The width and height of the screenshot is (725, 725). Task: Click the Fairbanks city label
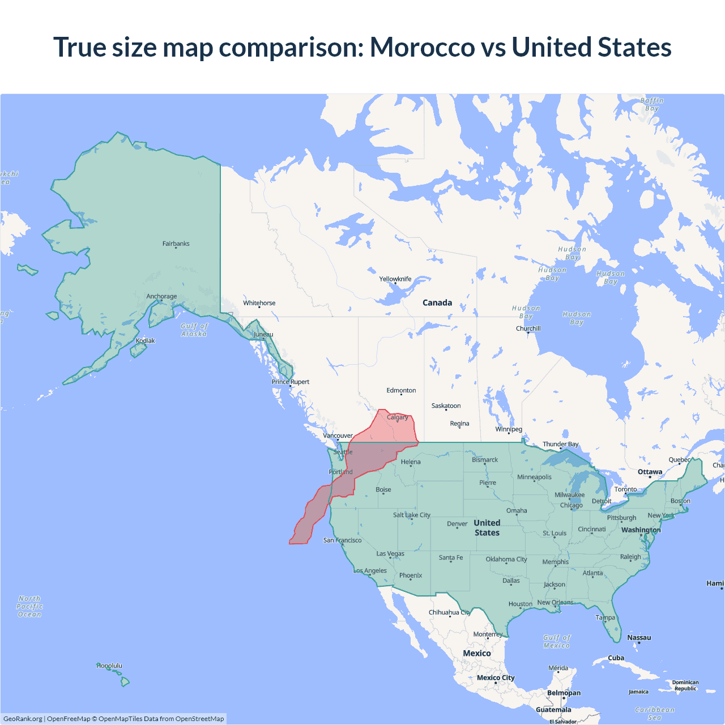(176, 244)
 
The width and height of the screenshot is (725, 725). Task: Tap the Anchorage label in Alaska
(161, 296)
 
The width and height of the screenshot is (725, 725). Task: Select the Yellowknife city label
(395, 279)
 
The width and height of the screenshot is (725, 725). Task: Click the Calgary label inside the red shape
(397, 417)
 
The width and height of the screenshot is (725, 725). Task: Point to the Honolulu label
(109, 666)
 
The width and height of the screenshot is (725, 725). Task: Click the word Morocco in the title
(422, 47)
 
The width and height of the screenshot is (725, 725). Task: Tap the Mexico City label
(496, 677)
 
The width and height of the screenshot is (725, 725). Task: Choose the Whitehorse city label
(259, 303)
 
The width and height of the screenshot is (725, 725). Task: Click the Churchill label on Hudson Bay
(528, 329)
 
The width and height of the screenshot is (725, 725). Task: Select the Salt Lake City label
(412, 515)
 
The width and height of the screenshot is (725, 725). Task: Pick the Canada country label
(437, 302)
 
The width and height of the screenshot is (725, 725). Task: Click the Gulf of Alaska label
(194, 330)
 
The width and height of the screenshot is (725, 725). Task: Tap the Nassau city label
(639, 637)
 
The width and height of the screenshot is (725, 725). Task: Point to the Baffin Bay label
(652, 104)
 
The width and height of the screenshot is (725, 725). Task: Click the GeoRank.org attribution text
(23, 719)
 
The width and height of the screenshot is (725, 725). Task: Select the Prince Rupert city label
(291, 382)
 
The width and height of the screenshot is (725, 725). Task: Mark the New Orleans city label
(555, 602)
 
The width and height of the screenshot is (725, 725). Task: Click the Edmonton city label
(401, 390)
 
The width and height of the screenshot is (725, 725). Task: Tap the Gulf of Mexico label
(557, 641)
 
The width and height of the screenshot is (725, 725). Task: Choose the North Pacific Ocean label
(29, 606)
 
